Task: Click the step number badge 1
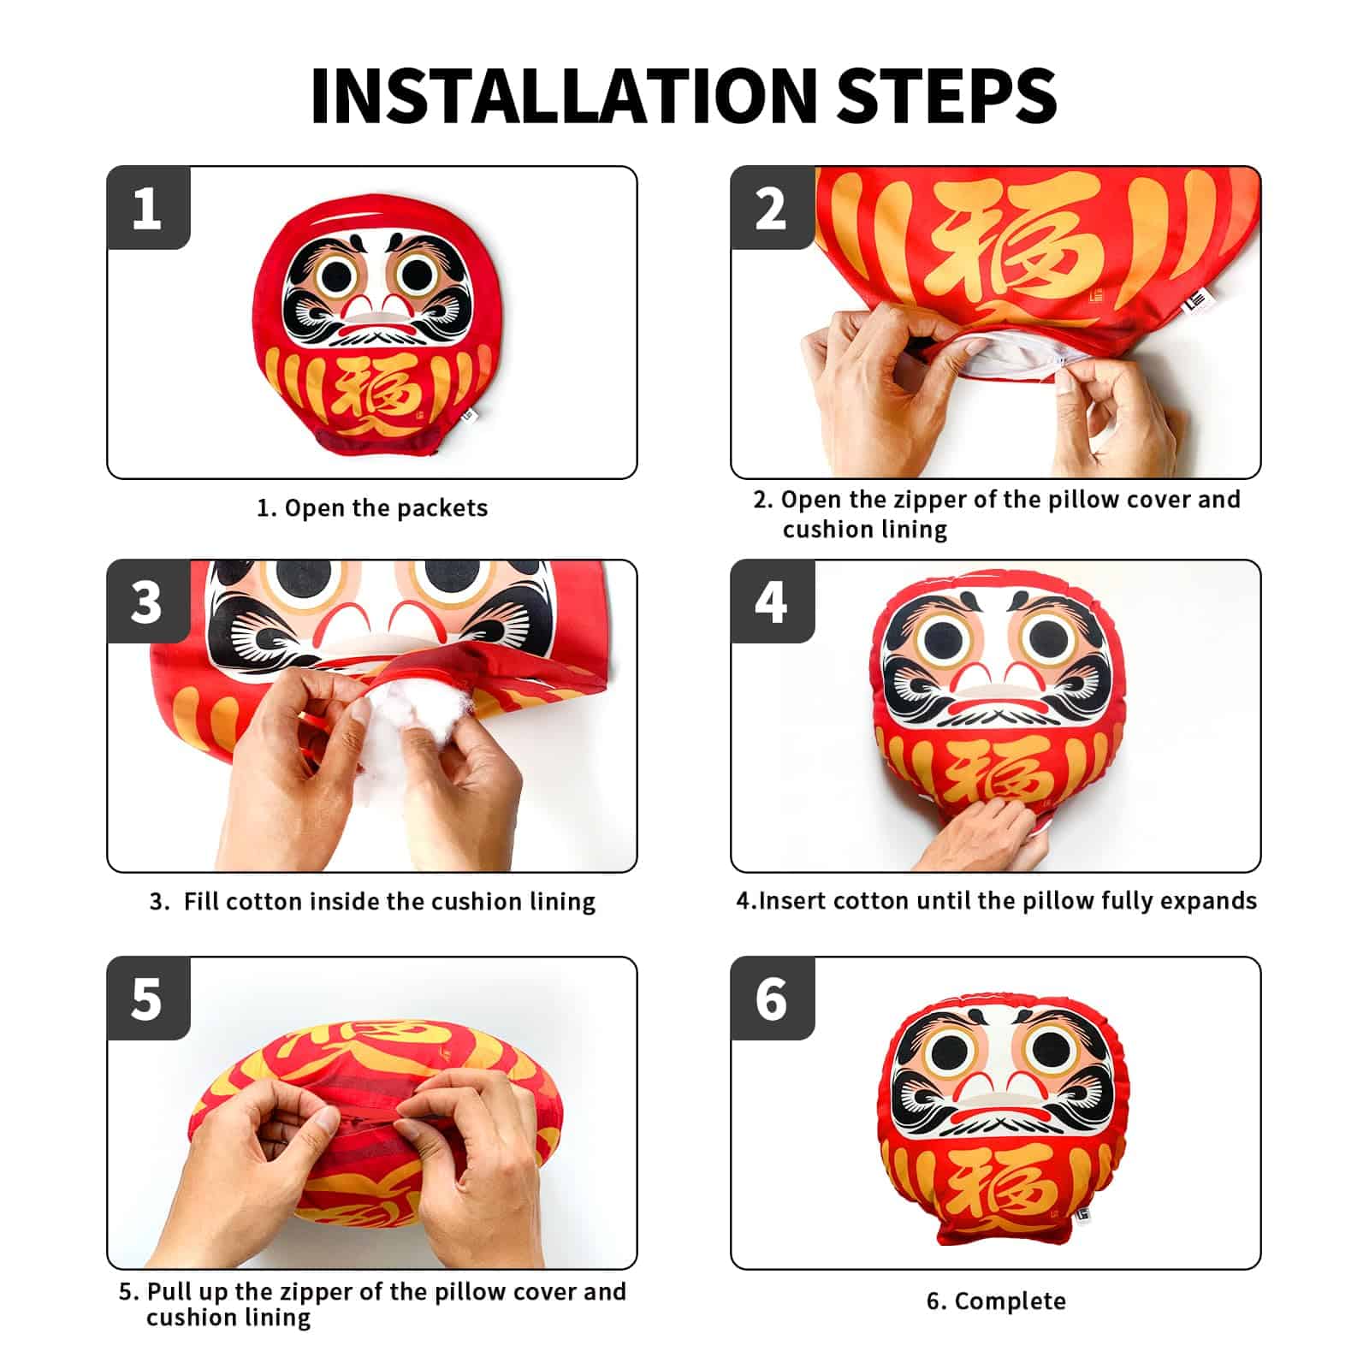pos(147,208)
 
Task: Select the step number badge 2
pos(771,208)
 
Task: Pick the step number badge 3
pos(147,602)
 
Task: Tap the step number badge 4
pos(771,602)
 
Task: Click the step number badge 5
pos(147,999)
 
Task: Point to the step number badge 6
pos(771,999)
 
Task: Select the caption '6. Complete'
pos(996,1301)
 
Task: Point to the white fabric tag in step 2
pos(1194,303)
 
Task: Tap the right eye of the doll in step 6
pos(1052,1051)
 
